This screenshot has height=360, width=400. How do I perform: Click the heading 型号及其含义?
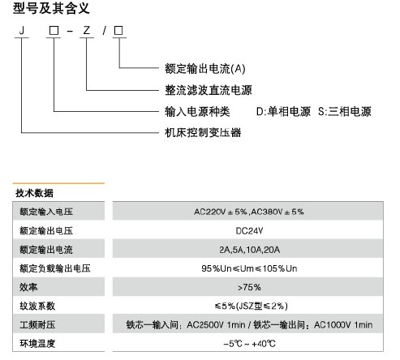pos(51,8)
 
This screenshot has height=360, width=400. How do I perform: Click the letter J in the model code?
pos(22,30)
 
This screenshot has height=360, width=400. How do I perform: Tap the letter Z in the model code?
pos(87,30)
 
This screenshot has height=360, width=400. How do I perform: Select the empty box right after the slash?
pos(118,31)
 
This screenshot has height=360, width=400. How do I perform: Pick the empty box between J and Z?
pos(54,31)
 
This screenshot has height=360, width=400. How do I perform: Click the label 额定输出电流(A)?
pos(205,69)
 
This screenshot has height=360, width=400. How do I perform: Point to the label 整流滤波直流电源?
pos(209,90)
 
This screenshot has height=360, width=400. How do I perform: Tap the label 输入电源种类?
pos(197,111)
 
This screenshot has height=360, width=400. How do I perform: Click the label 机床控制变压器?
pos(203,132)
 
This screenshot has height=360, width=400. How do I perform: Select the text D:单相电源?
pos(283,111)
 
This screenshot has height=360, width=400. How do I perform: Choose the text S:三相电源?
pos(345,111)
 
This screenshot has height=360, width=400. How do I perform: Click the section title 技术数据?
pos(34,193)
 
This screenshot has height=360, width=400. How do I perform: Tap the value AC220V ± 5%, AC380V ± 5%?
pos(249,212)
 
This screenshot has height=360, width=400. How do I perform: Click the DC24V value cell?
pos(249,231)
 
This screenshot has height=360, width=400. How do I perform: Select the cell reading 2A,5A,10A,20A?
pos(249,250)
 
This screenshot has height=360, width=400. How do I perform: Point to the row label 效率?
pos(28,287)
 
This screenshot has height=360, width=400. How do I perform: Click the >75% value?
pos(249,287)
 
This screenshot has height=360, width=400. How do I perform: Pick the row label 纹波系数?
pos(37,306)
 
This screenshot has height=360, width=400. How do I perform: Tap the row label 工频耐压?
pos(37,324)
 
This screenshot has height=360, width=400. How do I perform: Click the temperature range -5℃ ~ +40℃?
pos(249,344)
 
